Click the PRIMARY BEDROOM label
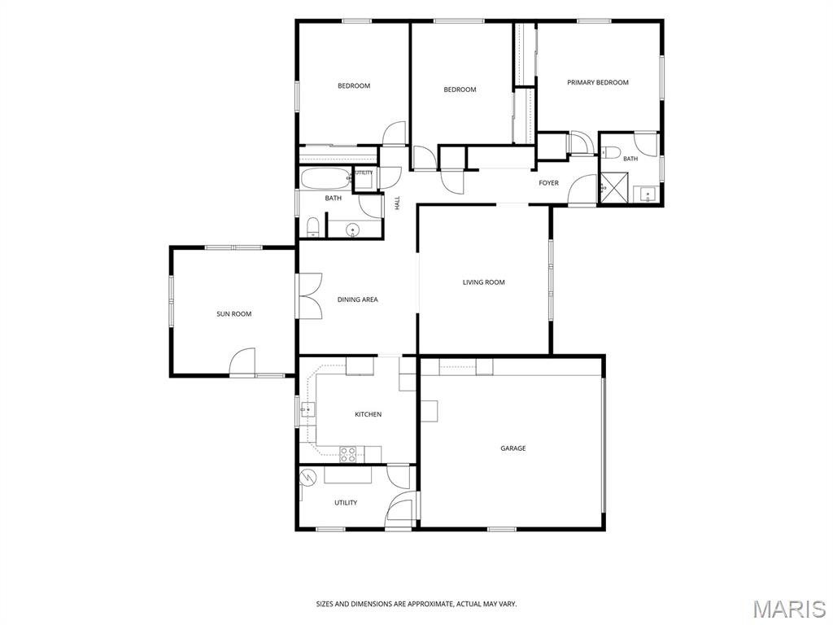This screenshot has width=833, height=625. pos(598,82)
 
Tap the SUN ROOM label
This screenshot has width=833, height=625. pos(233,314)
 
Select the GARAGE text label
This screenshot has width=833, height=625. pos(513,448)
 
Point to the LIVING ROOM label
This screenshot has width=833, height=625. pos(483,282)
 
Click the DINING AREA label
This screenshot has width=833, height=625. pos(358,299)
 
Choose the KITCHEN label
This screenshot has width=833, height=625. pos(369,414)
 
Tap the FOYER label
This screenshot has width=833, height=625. pos(549,183)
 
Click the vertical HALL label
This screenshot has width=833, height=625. pos(397,203)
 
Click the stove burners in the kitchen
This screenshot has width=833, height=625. pos(348,454)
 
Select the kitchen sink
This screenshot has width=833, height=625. pos(307,410)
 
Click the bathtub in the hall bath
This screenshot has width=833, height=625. pos(326,178)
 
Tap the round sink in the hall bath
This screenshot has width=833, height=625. pos(352,230)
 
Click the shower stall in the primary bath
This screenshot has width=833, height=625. pos(617,187)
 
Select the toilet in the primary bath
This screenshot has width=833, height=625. pos(611,152)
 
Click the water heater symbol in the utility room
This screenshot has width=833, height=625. pos(307,479)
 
